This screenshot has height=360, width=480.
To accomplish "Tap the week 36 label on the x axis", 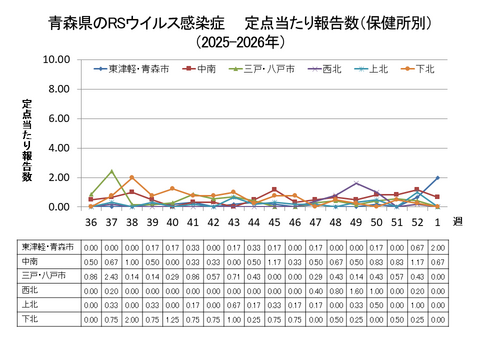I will (x=91, y=223).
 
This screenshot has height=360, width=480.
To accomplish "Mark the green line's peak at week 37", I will (x=112, y=171).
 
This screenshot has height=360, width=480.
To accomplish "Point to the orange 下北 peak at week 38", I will (x=132, y=178).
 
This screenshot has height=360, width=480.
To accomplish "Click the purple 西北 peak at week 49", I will (x=356, y=183).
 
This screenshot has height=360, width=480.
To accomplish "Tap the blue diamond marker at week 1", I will (x=437, y=178).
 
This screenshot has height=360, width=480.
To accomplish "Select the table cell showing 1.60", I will (x=356, y=290).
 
